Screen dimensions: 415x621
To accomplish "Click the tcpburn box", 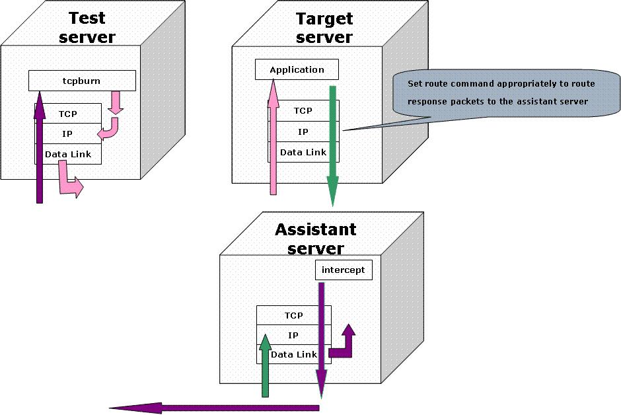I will pyautogui.click(x=82, y=81).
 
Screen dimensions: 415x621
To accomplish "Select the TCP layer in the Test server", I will pyautogui.click(x=67, y=114).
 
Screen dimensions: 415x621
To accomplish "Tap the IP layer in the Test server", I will pyautogui.click(x=67, y=133).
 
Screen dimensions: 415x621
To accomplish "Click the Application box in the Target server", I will pyautogui.click(x=297, y=69).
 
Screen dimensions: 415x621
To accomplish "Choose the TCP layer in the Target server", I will pyautogui.click(x=303, y=110).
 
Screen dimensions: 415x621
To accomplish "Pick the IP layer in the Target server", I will pyautogui.click(x=303, y=132).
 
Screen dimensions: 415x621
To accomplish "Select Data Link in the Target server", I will pyautogui.click(x=303, y=152).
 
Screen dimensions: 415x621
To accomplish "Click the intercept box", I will pyautogui.click(x=343, y=270).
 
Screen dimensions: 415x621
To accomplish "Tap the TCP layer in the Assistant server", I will pyautogui.click(x=293, y=315).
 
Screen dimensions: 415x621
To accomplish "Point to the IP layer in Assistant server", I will pyautogui.click(x=293, y=335).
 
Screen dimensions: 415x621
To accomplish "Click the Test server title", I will pyautogui.click(x=87, y=27).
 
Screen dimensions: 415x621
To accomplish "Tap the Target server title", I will pyautogui.click(x=324, y=27).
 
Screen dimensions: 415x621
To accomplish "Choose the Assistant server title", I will pyautogui.click(x=315, y=239).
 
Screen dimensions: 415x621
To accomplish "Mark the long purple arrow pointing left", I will pyautogui.click(x=211, y=408).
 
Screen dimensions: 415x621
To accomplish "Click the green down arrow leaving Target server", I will pyautogui.click(x=333, y=145).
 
